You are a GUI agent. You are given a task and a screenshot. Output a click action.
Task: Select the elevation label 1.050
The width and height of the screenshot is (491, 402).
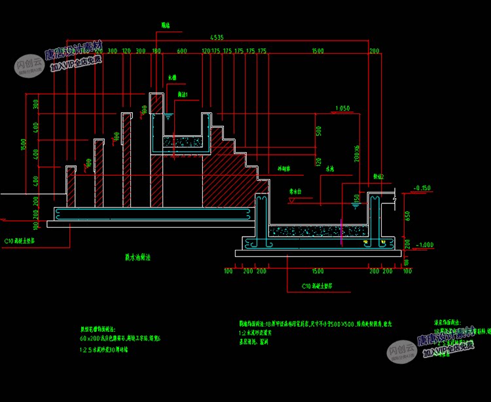click(x=342, y=108)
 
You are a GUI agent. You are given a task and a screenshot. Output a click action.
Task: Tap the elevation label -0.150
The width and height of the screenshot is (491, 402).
click(x=424, y=188)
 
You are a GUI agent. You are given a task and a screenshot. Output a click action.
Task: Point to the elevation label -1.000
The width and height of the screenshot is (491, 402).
click(x=424, y=245)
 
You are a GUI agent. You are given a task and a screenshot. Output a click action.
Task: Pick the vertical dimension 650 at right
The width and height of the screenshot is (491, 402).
click(x=408, y=215)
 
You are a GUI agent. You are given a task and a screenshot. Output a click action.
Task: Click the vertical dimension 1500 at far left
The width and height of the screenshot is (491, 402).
click(x=22, y=144)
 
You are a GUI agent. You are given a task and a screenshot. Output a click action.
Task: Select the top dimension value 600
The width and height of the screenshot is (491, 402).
click(x=182, y=50)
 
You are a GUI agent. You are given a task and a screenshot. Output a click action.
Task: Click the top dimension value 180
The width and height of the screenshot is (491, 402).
click(x=156, y=50)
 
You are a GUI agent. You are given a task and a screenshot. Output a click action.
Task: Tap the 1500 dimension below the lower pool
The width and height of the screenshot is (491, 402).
click(x=318, y=270)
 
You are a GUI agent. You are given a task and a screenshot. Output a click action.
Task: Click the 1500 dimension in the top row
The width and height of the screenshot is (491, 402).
click(x=318, y=50)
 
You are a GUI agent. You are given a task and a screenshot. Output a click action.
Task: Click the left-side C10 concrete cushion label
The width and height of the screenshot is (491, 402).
click(x=20, y=241)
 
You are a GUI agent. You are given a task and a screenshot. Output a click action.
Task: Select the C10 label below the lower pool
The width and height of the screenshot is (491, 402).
click(x=318, y=286)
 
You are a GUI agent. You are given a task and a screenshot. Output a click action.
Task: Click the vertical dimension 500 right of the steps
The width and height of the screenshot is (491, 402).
click(x=319, y=131)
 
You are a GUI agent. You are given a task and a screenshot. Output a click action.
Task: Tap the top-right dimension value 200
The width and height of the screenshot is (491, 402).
click(x=374, y=50)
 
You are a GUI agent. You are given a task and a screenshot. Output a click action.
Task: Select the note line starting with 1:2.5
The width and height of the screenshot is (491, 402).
click(x=103, y=350)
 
